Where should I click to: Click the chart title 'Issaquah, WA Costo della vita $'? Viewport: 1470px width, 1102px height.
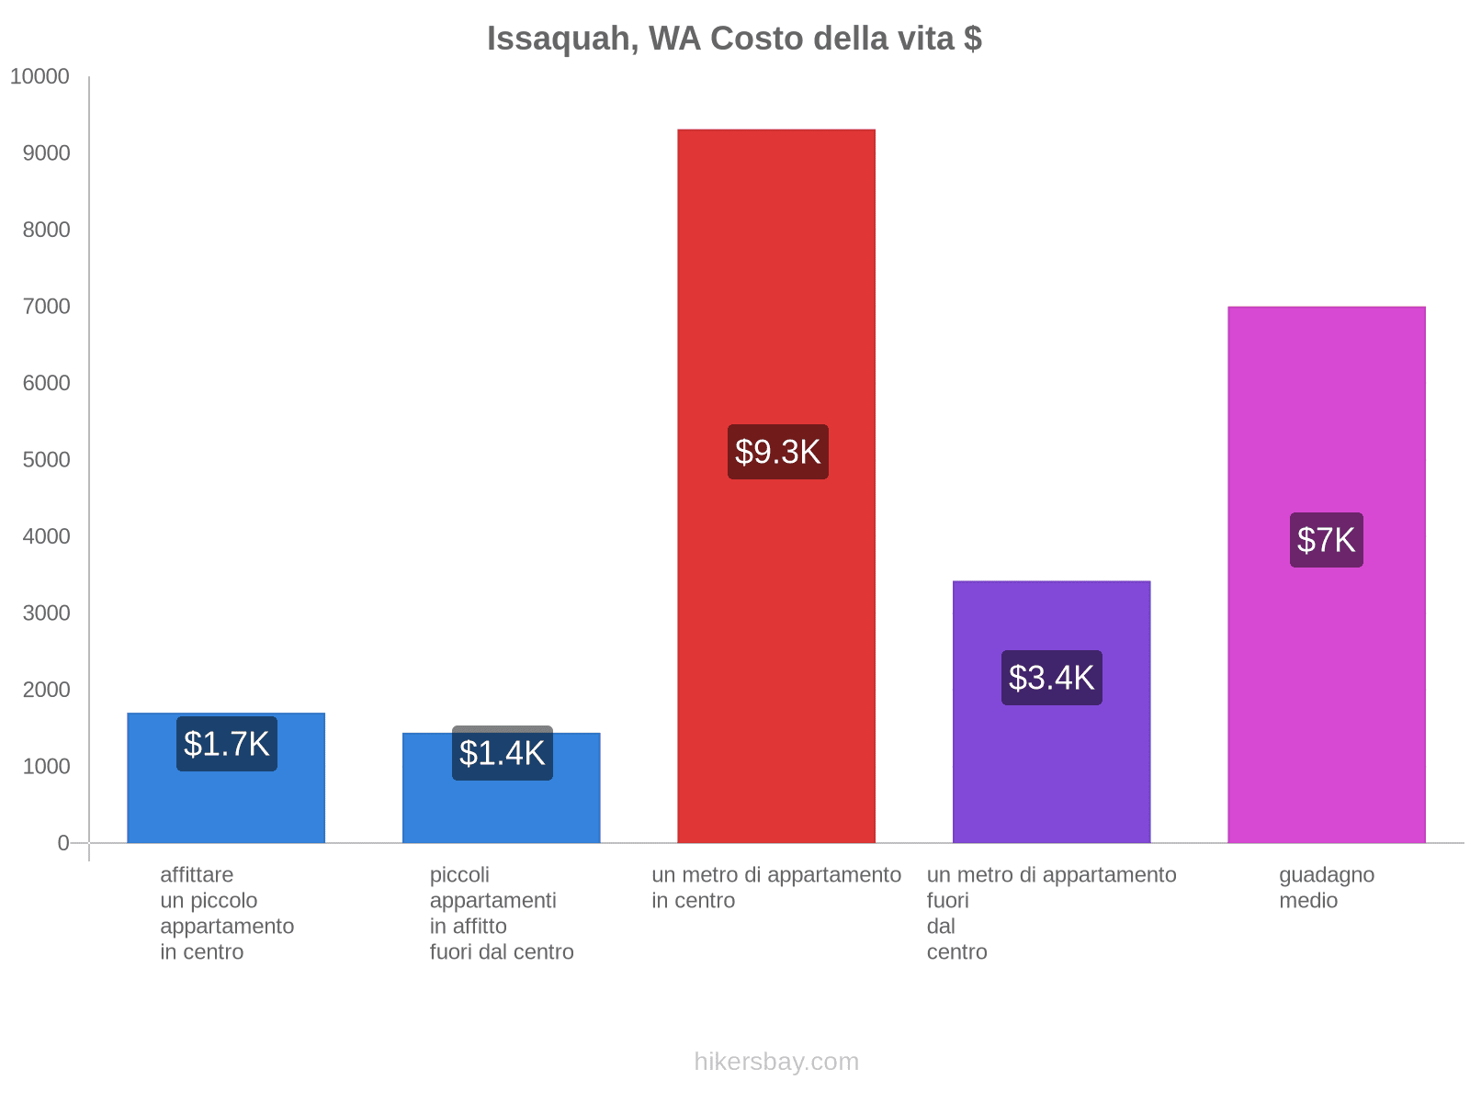click(734, 39)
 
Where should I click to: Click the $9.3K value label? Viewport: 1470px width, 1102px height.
click(777, 452)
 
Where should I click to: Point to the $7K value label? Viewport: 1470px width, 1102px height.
click(1326, 540)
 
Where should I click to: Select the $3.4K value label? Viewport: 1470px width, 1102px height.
click(1051, 678)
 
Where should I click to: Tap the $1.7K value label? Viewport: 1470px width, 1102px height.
click(226, 744)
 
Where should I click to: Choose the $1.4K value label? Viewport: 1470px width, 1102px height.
click(502, 753)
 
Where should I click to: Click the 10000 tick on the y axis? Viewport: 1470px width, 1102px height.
click(40, 77)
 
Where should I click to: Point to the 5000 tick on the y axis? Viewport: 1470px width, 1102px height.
click(46, 460)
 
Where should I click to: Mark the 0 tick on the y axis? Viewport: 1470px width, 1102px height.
click(63, 843)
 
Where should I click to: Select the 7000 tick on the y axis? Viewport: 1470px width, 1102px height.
click(46, 307)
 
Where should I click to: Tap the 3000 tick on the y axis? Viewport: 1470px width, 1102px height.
click(46, 613)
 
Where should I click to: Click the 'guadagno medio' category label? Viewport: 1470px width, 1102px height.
click(1326, 887)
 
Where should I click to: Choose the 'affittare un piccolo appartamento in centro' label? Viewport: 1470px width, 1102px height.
click(226, 913)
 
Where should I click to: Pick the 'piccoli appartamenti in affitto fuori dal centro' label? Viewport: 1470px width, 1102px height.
click(502, 913)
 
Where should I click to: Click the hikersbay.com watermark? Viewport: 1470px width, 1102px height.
click(776, 1062)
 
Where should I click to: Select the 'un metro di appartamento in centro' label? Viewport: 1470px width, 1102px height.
click(776, 887)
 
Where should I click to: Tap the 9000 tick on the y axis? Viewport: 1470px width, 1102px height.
click(46, 153)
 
